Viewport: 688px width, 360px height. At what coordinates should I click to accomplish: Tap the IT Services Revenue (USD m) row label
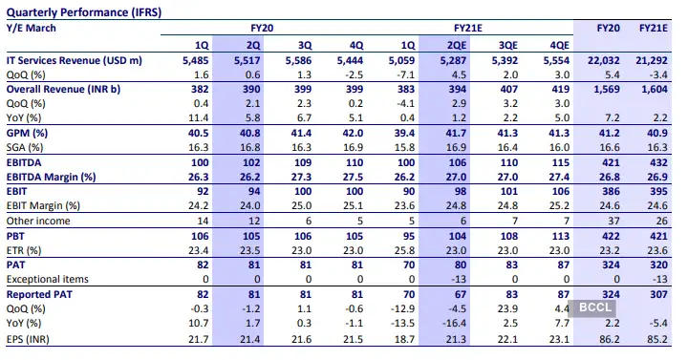[75, 60]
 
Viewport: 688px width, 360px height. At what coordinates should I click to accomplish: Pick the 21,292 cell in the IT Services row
[649, 60]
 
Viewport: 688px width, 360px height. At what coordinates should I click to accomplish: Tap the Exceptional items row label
[50, 278]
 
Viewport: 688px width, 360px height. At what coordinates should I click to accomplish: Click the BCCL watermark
[592, 308]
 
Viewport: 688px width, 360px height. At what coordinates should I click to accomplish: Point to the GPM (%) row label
[29, 132]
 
